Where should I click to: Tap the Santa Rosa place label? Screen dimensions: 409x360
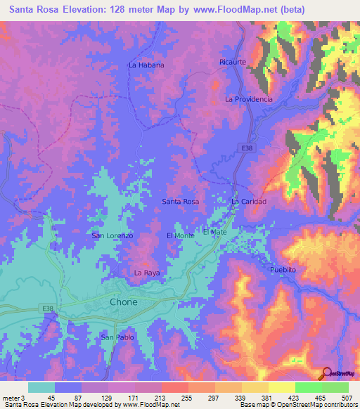(x=181, y=202)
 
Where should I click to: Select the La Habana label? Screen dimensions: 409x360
(x=146, y=65)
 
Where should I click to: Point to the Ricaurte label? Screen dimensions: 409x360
(x=233, y=62)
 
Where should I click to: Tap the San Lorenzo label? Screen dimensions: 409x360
(x=112, y=235)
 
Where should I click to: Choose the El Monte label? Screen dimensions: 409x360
(x=180, y=235)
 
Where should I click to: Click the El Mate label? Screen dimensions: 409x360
(x=214, y=231)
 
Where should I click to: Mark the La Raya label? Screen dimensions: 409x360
(x=148, y=272)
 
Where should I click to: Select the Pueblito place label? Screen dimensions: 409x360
(x=285, y=270)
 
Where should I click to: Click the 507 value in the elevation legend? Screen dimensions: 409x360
(x=348, y=397)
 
